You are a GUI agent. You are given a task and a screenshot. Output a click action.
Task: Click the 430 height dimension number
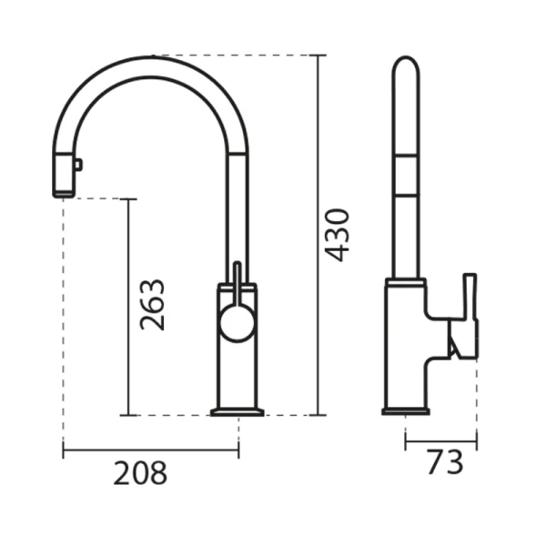[x=337, y=235]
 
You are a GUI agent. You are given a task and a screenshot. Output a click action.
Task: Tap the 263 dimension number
[x=152, y=305]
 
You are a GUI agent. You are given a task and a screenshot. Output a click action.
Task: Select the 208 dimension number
[x=140, y=473]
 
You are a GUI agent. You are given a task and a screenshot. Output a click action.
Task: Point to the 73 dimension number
[x=445, y=462]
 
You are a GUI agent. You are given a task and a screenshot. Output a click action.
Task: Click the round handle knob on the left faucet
[x=238, y=322]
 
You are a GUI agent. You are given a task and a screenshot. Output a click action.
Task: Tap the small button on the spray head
[x=78, y=165]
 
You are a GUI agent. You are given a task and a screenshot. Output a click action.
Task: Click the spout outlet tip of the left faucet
[x=63, y=194]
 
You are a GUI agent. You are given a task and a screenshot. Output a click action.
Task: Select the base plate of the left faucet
[x=238, y=412]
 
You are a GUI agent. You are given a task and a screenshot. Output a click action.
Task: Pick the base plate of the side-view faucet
[x=406, y=411]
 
